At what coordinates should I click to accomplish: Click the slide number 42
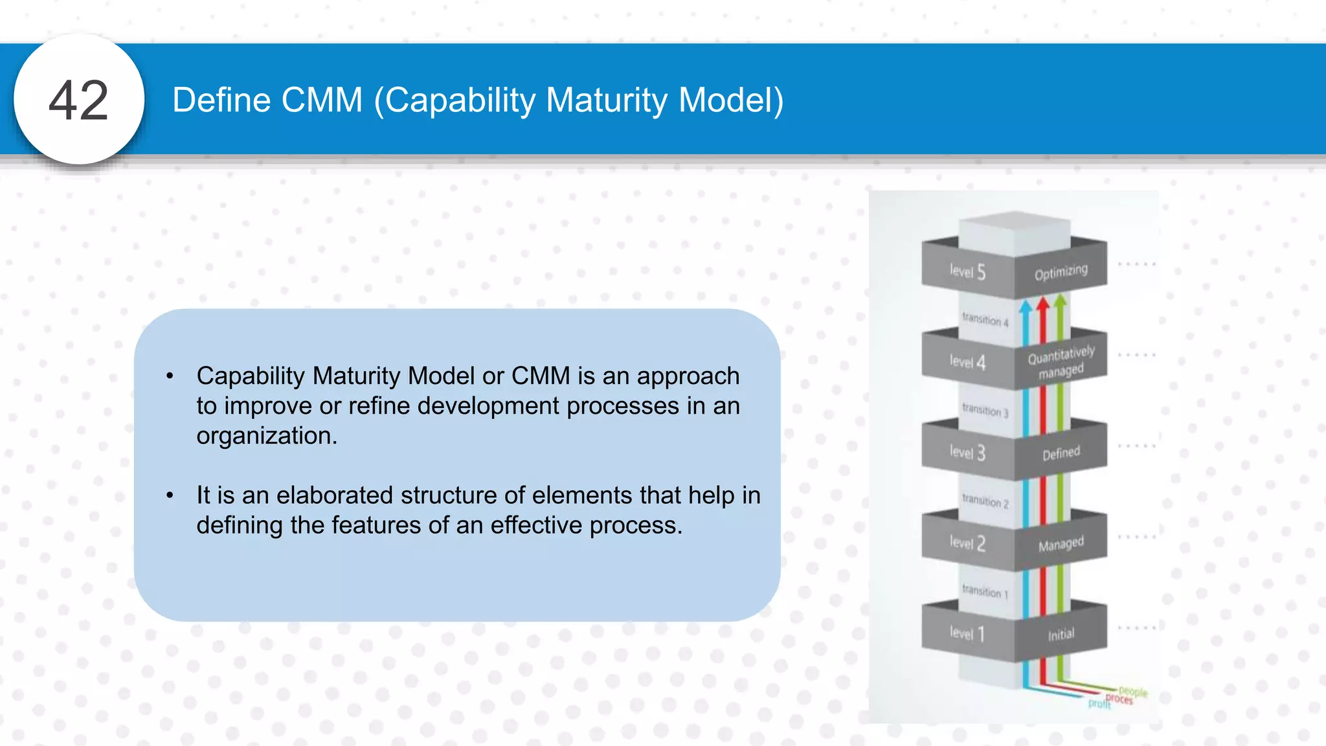(78, 100)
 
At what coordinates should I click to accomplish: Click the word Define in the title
(221, 100)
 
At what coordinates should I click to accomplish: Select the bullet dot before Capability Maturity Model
(170, 376)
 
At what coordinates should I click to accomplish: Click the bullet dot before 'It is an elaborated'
(170, 495)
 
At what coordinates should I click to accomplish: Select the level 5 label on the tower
(967, 271)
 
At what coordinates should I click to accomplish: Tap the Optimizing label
(1061, 272)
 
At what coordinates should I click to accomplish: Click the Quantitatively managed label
(1061, 362)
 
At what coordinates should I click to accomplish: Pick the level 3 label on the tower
(967, 452)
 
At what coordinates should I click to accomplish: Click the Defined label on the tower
(1061, 453)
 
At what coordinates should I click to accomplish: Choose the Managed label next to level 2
(1061, 544)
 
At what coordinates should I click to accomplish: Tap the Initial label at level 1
(1061, 635)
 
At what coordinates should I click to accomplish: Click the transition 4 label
(985, 319)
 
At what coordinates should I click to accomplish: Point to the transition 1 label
(985, 591)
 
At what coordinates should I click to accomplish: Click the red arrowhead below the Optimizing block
(1042, 304)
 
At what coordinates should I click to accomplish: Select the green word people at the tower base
(1132, 692)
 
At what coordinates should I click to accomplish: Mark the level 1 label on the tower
(967, 633)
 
